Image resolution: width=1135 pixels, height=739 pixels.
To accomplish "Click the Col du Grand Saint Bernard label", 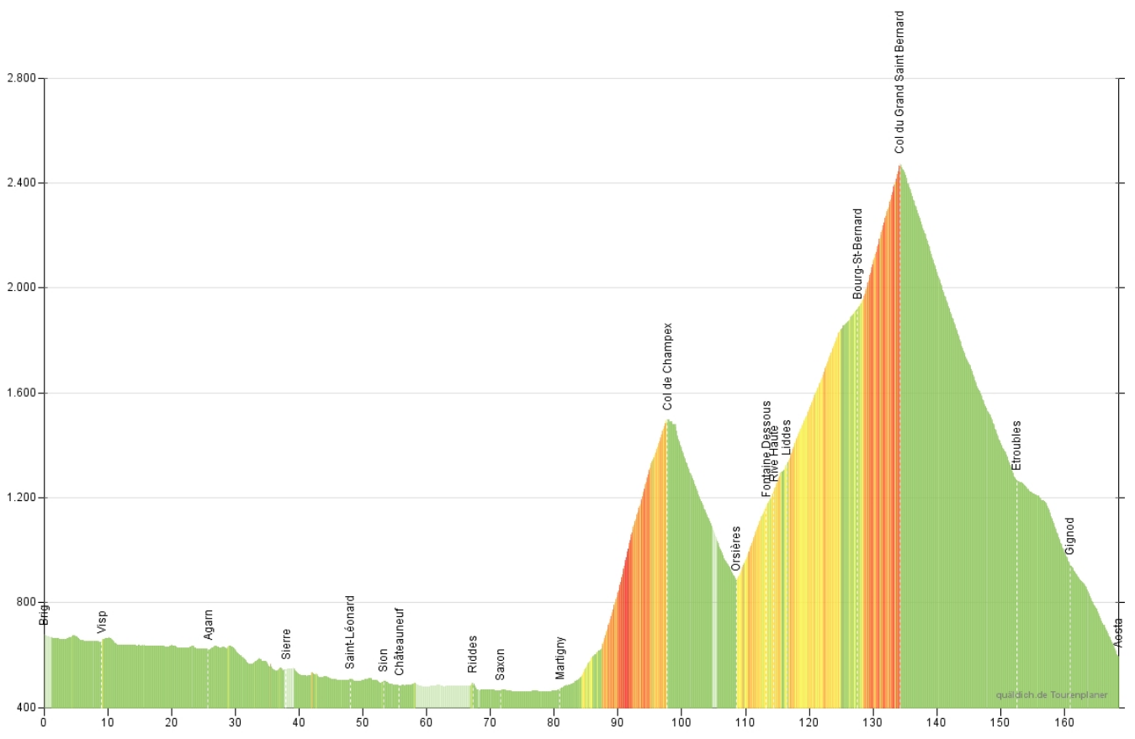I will coord(899,82).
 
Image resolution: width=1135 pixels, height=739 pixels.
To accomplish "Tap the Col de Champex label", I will coord(668,367).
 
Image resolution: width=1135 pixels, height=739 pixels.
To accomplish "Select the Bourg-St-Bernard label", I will coord(857,254).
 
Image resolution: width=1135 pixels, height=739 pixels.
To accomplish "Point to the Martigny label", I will coord(560,657).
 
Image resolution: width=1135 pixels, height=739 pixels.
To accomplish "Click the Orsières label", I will coord(736,549).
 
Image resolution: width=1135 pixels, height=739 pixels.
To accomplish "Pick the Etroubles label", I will coord(1016,445).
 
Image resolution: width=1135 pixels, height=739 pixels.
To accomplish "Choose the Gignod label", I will coord(1069,536).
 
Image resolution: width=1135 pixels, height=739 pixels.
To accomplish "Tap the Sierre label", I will coord(286,644).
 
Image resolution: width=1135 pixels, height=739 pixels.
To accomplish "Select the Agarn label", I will coord(209,624).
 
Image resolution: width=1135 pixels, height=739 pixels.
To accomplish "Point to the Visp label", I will coord(102,622).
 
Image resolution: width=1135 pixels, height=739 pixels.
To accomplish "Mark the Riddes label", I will coord(472,654).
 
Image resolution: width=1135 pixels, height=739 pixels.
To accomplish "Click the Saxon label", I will coord(500,663).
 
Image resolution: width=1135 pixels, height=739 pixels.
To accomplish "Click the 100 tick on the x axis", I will coord(681,721).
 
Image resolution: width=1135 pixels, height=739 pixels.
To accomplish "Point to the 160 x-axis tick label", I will coord(1063,721).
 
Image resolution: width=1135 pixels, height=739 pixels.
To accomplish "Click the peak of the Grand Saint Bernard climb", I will coord(899,165).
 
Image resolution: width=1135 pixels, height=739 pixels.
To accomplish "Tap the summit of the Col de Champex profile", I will coord(668,419).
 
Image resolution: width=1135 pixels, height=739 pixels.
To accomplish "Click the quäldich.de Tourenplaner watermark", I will coord(1051,695).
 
